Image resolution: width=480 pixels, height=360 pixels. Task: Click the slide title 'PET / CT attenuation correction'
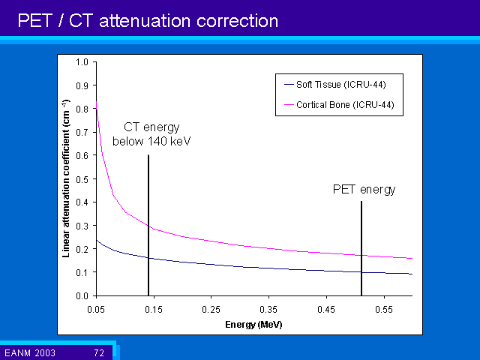(x=148, y=20)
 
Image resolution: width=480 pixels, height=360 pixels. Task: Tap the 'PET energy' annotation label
(x=364, y=190)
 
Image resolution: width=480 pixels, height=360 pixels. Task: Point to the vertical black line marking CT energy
(x=148, y=225)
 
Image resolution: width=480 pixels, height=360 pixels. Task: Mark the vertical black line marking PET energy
(x=361, y=247)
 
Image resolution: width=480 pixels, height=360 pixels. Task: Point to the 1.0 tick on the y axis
(x=82, y=61)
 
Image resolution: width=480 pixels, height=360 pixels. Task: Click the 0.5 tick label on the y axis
(x=82, y=178)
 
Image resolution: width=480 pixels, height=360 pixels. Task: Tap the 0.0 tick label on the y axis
(x=82, y=295)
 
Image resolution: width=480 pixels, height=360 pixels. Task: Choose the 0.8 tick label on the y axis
(x=82, y=109)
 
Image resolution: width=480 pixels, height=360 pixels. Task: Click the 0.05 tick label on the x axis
(x=96, y=309)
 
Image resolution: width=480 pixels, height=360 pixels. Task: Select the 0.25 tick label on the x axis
(x=211, y=309)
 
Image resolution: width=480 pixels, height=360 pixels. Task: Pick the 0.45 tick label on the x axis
(x=326, y=309)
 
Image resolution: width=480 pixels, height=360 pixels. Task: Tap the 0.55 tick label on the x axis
(x=384, y=309)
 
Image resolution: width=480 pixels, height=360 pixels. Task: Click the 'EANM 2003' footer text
(x=28, y=352)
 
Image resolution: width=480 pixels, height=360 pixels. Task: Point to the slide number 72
(x=98, y=352)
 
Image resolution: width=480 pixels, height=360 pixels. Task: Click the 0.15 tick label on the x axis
(x=154, y=309)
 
